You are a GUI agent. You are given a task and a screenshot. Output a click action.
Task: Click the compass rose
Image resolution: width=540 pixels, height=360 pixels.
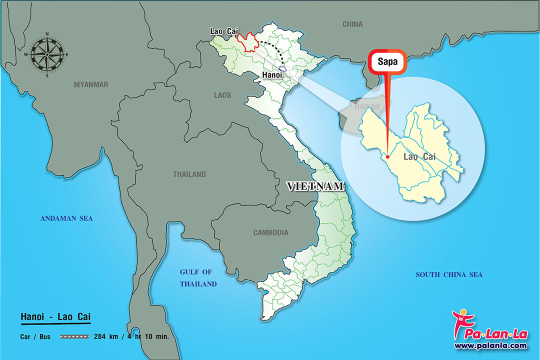(x=47, y=54)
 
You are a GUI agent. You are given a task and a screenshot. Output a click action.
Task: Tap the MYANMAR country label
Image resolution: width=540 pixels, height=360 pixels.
(x=91, y=84)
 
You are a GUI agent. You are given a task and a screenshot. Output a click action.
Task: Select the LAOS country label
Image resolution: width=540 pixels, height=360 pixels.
(x=222, y=95)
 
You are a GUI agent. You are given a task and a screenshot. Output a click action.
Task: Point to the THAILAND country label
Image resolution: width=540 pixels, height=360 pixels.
(x=189, y=174)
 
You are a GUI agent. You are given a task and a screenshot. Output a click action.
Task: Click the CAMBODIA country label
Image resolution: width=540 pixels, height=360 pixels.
(x=270, y=232)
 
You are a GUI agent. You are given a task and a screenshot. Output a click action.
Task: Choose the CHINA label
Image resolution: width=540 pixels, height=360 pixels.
(x=352, y=24)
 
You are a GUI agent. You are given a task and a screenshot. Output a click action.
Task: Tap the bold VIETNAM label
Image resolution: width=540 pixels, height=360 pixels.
(x=315, y=186)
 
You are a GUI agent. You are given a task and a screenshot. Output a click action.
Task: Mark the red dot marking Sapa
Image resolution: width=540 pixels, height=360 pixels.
(x=388, y=157)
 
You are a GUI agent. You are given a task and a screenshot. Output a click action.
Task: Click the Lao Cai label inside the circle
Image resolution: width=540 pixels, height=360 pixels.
(x=419, y=157)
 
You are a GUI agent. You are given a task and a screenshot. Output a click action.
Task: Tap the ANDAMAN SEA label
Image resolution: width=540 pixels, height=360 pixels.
(x=66, y=218)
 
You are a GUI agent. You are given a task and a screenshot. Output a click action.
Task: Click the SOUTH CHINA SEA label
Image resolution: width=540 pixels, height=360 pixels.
(x=449, y=274)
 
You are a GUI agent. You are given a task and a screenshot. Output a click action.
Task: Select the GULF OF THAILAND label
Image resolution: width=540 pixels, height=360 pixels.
(x=198, y=278)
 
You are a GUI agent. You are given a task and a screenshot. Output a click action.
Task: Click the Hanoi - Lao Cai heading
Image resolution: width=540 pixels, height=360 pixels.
(x=55, y=316)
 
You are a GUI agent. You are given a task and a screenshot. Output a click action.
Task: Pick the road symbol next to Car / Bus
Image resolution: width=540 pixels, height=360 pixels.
(x=74, y=336)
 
